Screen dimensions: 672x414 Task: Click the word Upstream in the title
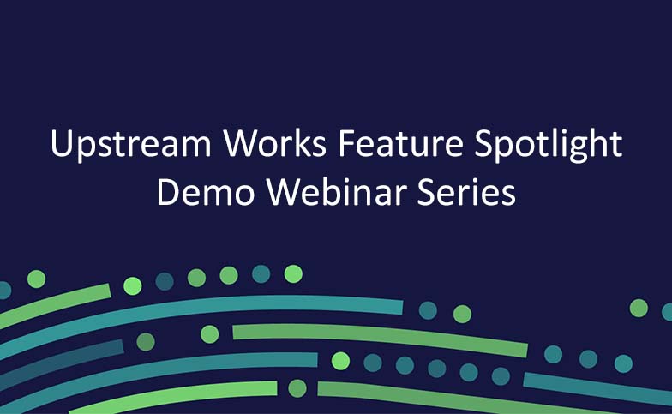point(130,144)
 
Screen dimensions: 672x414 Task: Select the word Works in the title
point(275,143)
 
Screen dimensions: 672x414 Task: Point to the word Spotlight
point(549,144)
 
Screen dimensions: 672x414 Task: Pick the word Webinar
point(337,191)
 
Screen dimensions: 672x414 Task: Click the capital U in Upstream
point(62,143)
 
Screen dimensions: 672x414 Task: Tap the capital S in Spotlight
point(483,144)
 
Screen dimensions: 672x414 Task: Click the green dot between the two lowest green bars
point(297,388)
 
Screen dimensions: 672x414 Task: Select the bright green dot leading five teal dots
point(341,361)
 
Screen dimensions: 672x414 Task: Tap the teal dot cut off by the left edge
point(4,290)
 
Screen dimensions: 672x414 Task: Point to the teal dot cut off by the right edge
point(667,312)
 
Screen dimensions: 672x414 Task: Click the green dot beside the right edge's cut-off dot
point(639,309)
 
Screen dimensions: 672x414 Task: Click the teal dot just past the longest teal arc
point(428,310)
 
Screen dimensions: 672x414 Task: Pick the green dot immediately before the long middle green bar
point(209,334)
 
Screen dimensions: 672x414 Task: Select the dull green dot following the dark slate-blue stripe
point(146,342)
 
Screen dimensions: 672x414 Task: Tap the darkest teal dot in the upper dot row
point(165,281)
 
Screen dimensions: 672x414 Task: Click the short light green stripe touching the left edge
point(55,305)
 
